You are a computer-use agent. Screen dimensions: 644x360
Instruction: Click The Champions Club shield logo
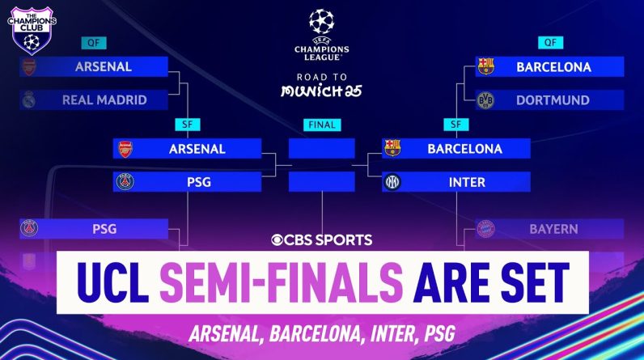[32, 31]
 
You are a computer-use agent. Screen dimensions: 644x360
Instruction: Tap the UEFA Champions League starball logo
[321, 21]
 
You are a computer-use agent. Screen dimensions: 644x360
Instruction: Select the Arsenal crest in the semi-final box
[125, 149]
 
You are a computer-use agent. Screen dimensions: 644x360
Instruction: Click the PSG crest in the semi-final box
[125, 181]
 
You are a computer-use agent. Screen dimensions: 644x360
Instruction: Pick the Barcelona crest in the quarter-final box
[485, 66]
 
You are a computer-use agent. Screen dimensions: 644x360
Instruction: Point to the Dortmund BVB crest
[485, 100]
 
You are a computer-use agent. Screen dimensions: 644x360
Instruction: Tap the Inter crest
[392, 182]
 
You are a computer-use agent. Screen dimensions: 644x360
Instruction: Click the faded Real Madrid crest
[29, 100]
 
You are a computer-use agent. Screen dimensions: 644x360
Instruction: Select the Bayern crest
[485, 229]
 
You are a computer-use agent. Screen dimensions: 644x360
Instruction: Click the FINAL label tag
[322, 125]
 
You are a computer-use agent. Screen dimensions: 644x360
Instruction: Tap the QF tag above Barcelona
[550, 43]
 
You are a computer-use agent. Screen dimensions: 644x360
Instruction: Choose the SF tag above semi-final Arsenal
[187, 125]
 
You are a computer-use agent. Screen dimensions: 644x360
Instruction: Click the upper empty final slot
[321, 148]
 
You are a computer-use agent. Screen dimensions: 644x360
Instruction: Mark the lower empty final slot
[321, 181]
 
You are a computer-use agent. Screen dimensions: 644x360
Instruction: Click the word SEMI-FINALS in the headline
[282, 282]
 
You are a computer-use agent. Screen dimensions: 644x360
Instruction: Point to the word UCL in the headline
[113, 282]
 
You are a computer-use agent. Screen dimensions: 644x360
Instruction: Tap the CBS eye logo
[277, 239]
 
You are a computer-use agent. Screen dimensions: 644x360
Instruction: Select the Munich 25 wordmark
[321, 91]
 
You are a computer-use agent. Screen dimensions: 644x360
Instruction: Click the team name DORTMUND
[553, 100]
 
